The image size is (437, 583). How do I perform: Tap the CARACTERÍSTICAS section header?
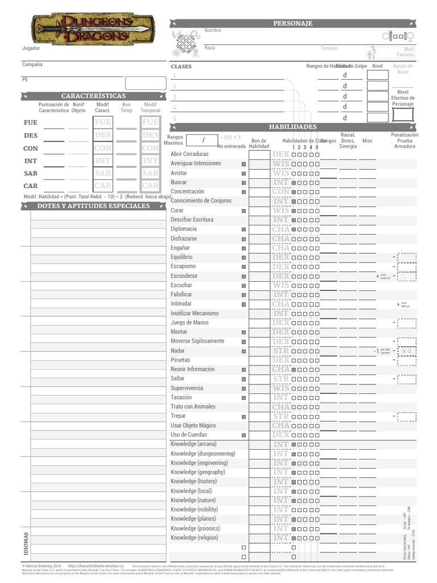[93, 96]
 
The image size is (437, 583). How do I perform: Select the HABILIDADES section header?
[292, 126]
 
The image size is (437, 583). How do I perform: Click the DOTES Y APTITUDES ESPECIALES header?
[93, 206]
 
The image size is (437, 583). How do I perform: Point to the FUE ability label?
[31, 123]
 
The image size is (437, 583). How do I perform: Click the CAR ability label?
[31, 186]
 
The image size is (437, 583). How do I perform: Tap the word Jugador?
[31, 48]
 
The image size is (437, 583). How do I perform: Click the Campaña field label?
[32, 64]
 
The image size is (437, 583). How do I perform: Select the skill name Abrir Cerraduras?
[189, 154]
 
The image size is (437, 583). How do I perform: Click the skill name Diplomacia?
[184, 229]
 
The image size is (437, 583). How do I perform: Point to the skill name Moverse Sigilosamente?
[197, 341]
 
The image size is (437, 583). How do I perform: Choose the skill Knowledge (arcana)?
[193, 444]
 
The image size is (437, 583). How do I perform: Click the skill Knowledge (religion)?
[195, 537]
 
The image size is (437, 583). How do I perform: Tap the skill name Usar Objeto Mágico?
[193, 425]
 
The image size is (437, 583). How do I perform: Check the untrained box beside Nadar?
[244, 351]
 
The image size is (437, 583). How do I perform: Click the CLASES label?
[182, 67]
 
